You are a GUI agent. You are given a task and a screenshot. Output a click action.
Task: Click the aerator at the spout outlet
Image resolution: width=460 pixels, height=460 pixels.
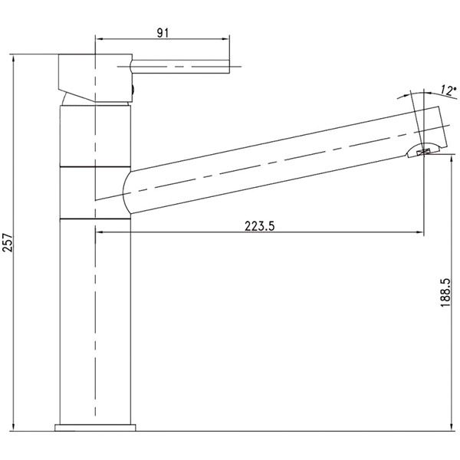point(424,152)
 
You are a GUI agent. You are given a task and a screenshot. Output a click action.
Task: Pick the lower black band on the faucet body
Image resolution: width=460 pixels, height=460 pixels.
point(94,219)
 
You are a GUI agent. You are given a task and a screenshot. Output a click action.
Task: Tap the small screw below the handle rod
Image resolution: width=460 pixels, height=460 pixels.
point(135,90)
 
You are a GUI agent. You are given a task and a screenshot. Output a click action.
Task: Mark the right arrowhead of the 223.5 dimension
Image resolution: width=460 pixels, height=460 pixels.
point(420,232)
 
